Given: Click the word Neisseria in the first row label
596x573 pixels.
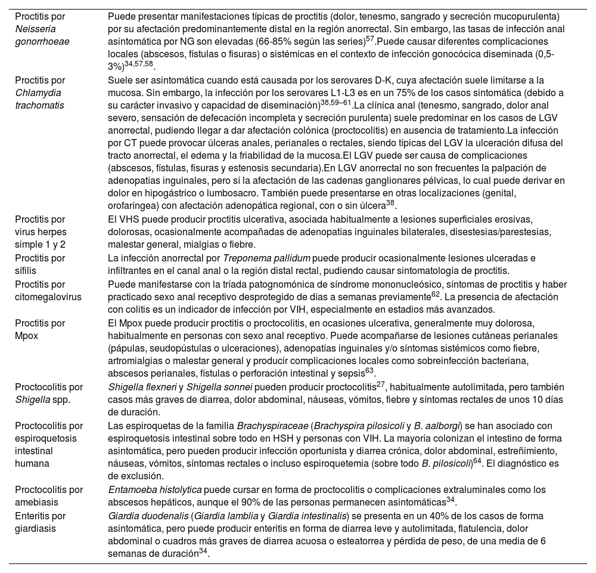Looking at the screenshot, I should pyautogui.click(x=33, y=29).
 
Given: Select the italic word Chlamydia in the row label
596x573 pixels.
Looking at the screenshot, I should pyautogui.click(x=38, y=93).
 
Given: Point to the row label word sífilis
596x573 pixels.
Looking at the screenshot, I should pyautogui.click(x=27, y=271).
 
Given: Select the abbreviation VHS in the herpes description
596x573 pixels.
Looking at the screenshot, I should pyautogui.click(x=126, y=220).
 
